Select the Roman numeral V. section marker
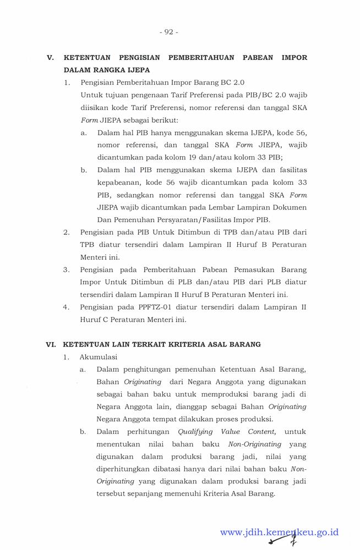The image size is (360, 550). pos(50,57)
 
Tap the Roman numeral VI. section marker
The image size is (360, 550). pos(51,344)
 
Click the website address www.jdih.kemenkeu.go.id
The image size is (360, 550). pos(279,532)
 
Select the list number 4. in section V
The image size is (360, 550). pos(66,307)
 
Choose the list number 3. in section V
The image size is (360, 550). pos(66,269)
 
